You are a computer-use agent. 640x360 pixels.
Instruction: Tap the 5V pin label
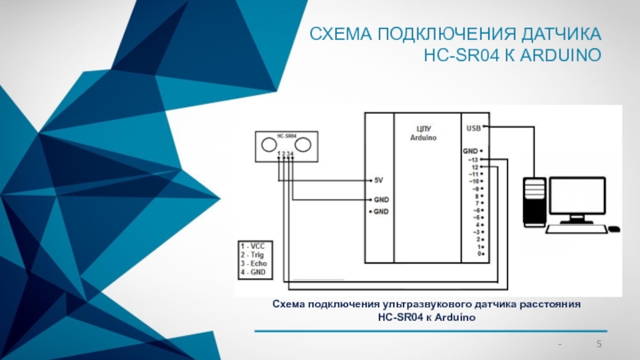[x=379, y=180]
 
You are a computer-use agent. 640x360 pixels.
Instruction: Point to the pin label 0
[x=477, y=254]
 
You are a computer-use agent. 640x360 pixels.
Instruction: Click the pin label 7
[x=477, y=203]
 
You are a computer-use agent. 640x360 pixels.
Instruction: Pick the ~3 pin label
[x=474, y=232]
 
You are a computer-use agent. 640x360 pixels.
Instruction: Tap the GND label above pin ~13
[x=470, y=150]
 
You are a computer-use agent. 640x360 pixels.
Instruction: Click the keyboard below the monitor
[x=574, y=228]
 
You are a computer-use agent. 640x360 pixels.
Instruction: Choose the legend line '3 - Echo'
[x=255, y=262]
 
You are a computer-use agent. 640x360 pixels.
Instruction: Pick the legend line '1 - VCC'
[x=254, y=246]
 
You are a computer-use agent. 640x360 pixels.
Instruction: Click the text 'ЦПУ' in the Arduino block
[x=426, y=129]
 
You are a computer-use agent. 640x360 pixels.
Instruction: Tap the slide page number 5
[x=599, y=345]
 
